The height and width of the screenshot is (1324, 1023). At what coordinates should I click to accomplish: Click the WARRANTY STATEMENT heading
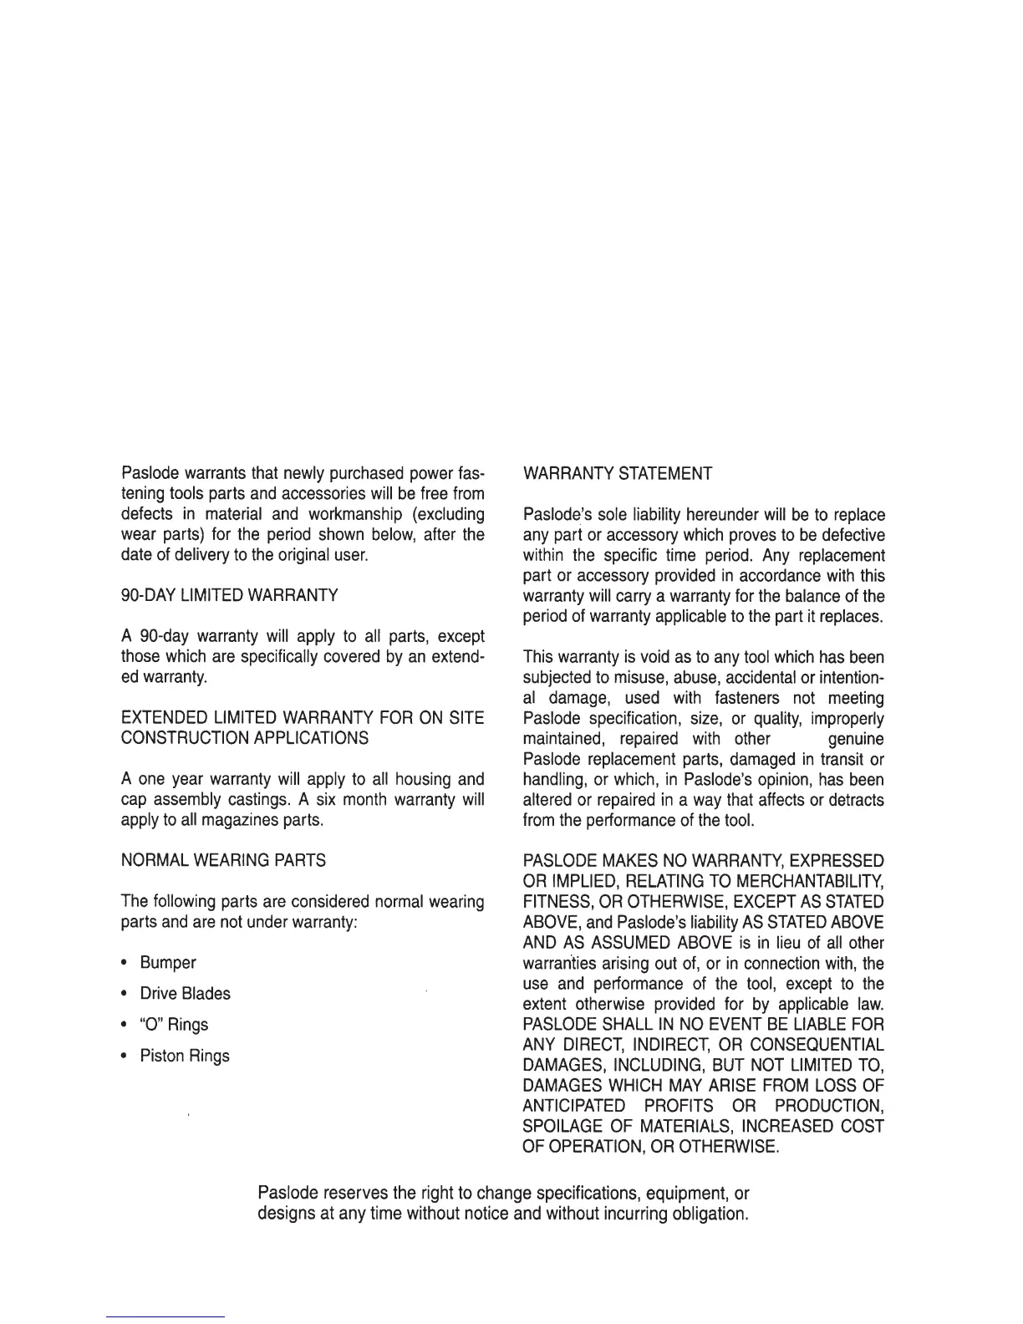tap(617, 474)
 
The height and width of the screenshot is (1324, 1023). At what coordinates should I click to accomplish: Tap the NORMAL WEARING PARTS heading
tap(223, 860)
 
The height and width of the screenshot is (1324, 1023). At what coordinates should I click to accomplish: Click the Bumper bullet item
tap(168, 963)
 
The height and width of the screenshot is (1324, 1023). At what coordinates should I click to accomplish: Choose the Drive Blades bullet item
tap(185, 994)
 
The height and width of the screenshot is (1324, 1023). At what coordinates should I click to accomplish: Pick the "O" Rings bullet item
tap(174, 1025)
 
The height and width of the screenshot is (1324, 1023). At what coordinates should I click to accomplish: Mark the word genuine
tap(855, 739)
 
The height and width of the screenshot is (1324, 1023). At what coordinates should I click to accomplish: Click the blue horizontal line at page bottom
tap(165, 1316)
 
